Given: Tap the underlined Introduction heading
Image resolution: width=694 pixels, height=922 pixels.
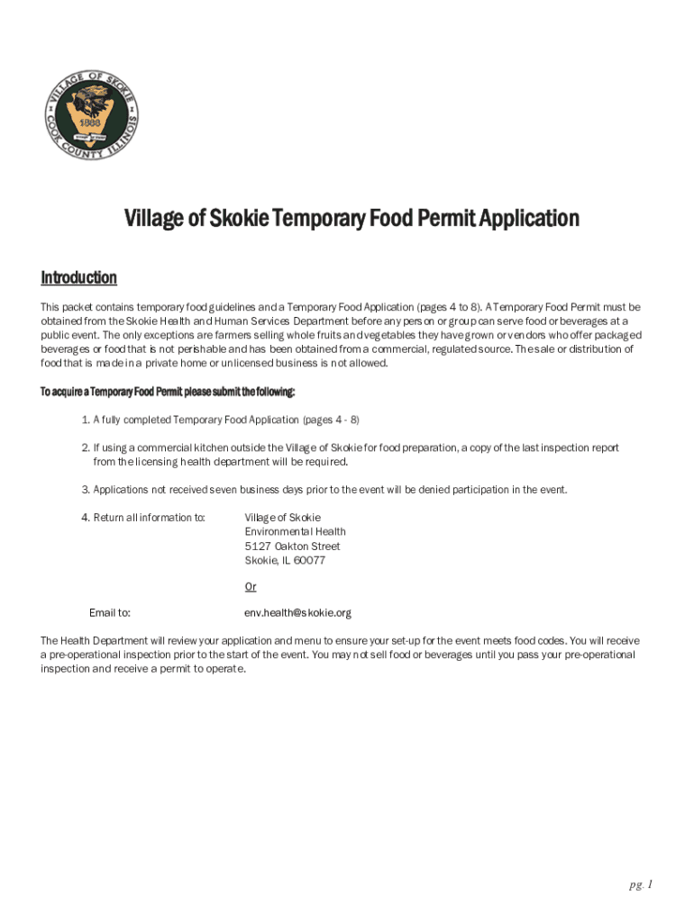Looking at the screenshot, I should (78, 277).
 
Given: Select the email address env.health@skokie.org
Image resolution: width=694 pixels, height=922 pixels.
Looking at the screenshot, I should (297, 612).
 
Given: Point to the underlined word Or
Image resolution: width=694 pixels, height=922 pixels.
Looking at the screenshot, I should (251, 586).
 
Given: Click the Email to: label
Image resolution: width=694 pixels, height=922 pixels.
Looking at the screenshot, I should (110, 612).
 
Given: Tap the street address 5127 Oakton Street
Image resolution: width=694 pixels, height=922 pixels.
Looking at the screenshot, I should (292, 546).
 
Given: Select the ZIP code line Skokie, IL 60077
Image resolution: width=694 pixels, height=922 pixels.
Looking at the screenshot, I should (285, 560).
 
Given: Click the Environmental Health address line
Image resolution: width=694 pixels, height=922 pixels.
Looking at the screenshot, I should (295, 531).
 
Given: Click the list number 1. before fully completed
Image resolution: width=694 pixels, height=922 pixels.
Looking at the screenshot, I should (86, 420).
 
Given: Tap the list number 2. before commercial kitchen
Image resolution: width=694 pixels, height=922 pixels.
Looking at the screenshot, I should (86, 447).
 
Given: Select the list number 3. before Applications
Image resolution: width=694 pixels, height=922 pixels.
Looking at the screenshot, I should (86, 490).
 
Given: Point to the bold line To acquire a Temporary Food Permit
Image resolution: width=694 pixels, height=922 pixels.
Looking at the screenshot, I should (168, 393).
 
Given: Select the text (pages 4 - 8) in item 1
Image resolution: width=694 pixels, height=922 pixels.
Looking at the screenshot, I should (331, 420).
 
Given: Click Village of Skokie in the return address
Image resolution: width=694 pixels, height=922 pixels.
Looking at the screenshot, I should (282, 518).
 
